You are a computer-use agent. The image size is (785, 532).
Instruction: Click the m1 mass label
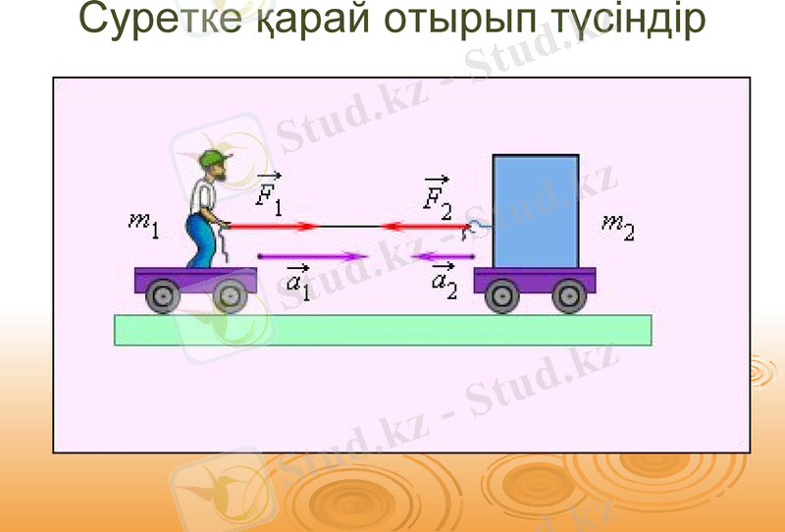pyautogui.click(x=143, y=224)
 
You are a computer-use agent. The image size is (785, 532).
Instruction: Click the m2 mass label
pyautogui.click(x=618, y=228)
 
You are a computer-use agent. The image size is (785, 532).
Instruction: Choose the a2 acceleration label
pyautogui.click(x=444, y=280)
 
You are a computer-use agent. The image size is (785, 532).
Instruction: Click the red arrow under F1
pyautogui.click(x=275, y=227)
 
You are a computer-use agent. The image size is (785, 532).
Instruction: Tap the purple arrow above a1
pyautogui.click(x=312, y=257)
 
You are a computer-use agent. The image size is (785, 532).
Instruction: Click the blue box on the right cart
pyautogui.click(x=535, y=210)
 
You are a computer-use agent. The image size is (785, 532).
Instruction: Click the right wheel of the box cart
pyautogui.click(x=568, y=293)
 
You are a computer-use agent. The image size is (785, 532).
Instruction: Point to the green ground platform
pyautogui.click(x=383, y=330)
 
